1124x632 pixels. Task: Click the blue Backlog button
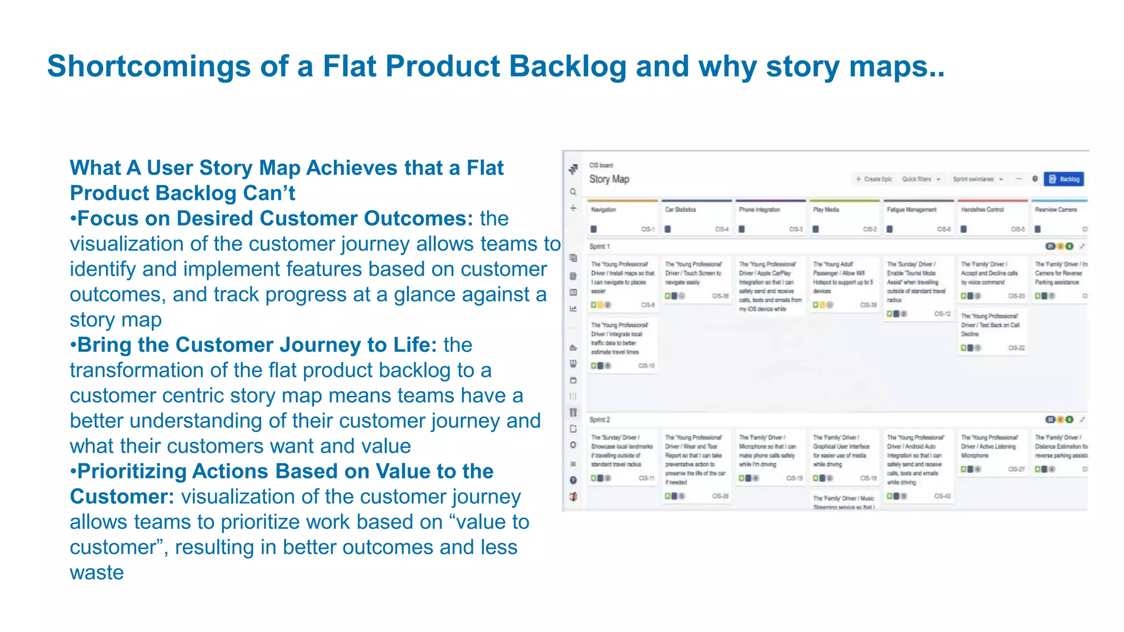(1064, 179)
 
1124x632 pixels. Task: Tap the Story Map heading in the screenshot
(609, 179)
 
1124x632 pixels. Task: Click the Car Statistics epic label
(680, 210)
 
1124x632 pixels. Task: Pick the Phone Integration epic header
(759, 210)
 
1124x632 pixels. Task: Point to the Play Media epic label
(825, 210)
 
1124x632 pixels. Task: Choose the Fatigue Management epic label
(911, 210)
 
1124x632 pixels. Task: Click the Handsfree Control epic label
(982, 210)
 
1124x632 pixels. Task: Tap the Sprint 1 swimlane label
(599, 246)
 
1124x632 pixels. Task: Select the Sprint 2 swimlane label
(599, 420)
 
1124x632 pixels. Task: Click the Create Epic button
(874, 179)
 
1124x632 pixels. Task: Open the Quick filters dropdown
(921, 179)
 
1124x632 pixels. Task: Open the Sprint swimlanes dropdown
(977, 179)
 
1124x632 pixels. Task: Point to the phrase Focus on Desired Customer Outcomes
(274, 218)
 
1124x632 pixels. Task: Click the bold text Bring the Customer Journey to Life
(257, 345)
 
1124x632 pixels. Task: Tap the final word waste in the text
(97, 573)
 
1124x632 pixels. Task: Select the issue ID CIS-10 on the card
(646, 366)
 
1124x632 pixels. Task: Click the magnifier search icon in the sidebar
(573, 192)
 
